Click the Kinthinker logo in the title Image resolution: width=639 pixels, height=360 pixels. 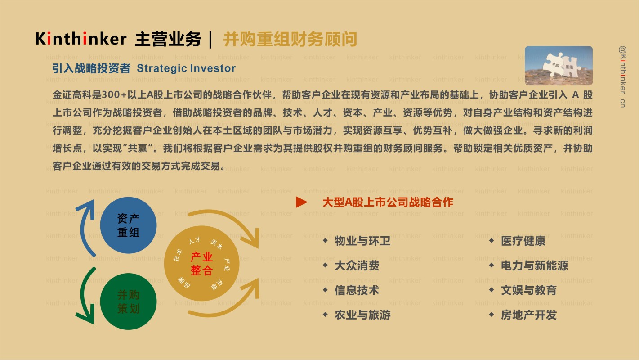click(81, 39)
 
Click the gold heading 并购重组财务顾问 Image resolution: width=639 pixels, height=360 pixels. click(290, 39)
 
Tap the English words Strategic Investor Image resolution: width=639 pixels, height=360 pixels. click(186, 68)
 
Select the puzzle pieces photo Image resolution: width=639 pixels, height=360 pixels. click(559, 66)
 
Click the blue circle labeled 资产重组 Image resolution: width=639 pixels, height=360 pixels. click(128, 225)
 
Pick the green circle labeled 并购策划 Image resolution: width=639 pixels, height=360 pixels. click(128, 301)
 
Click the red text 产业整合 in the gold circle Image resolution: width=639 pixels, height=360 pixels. click(201, 264)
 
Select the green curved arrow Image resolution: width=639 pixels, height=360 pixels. click(82, 297)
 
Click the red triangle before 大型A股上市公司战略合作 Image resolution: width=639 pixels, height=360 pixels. click(302, 202)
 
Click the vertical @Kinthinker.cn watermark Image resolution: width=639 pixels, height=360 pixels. click(623, 77)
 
